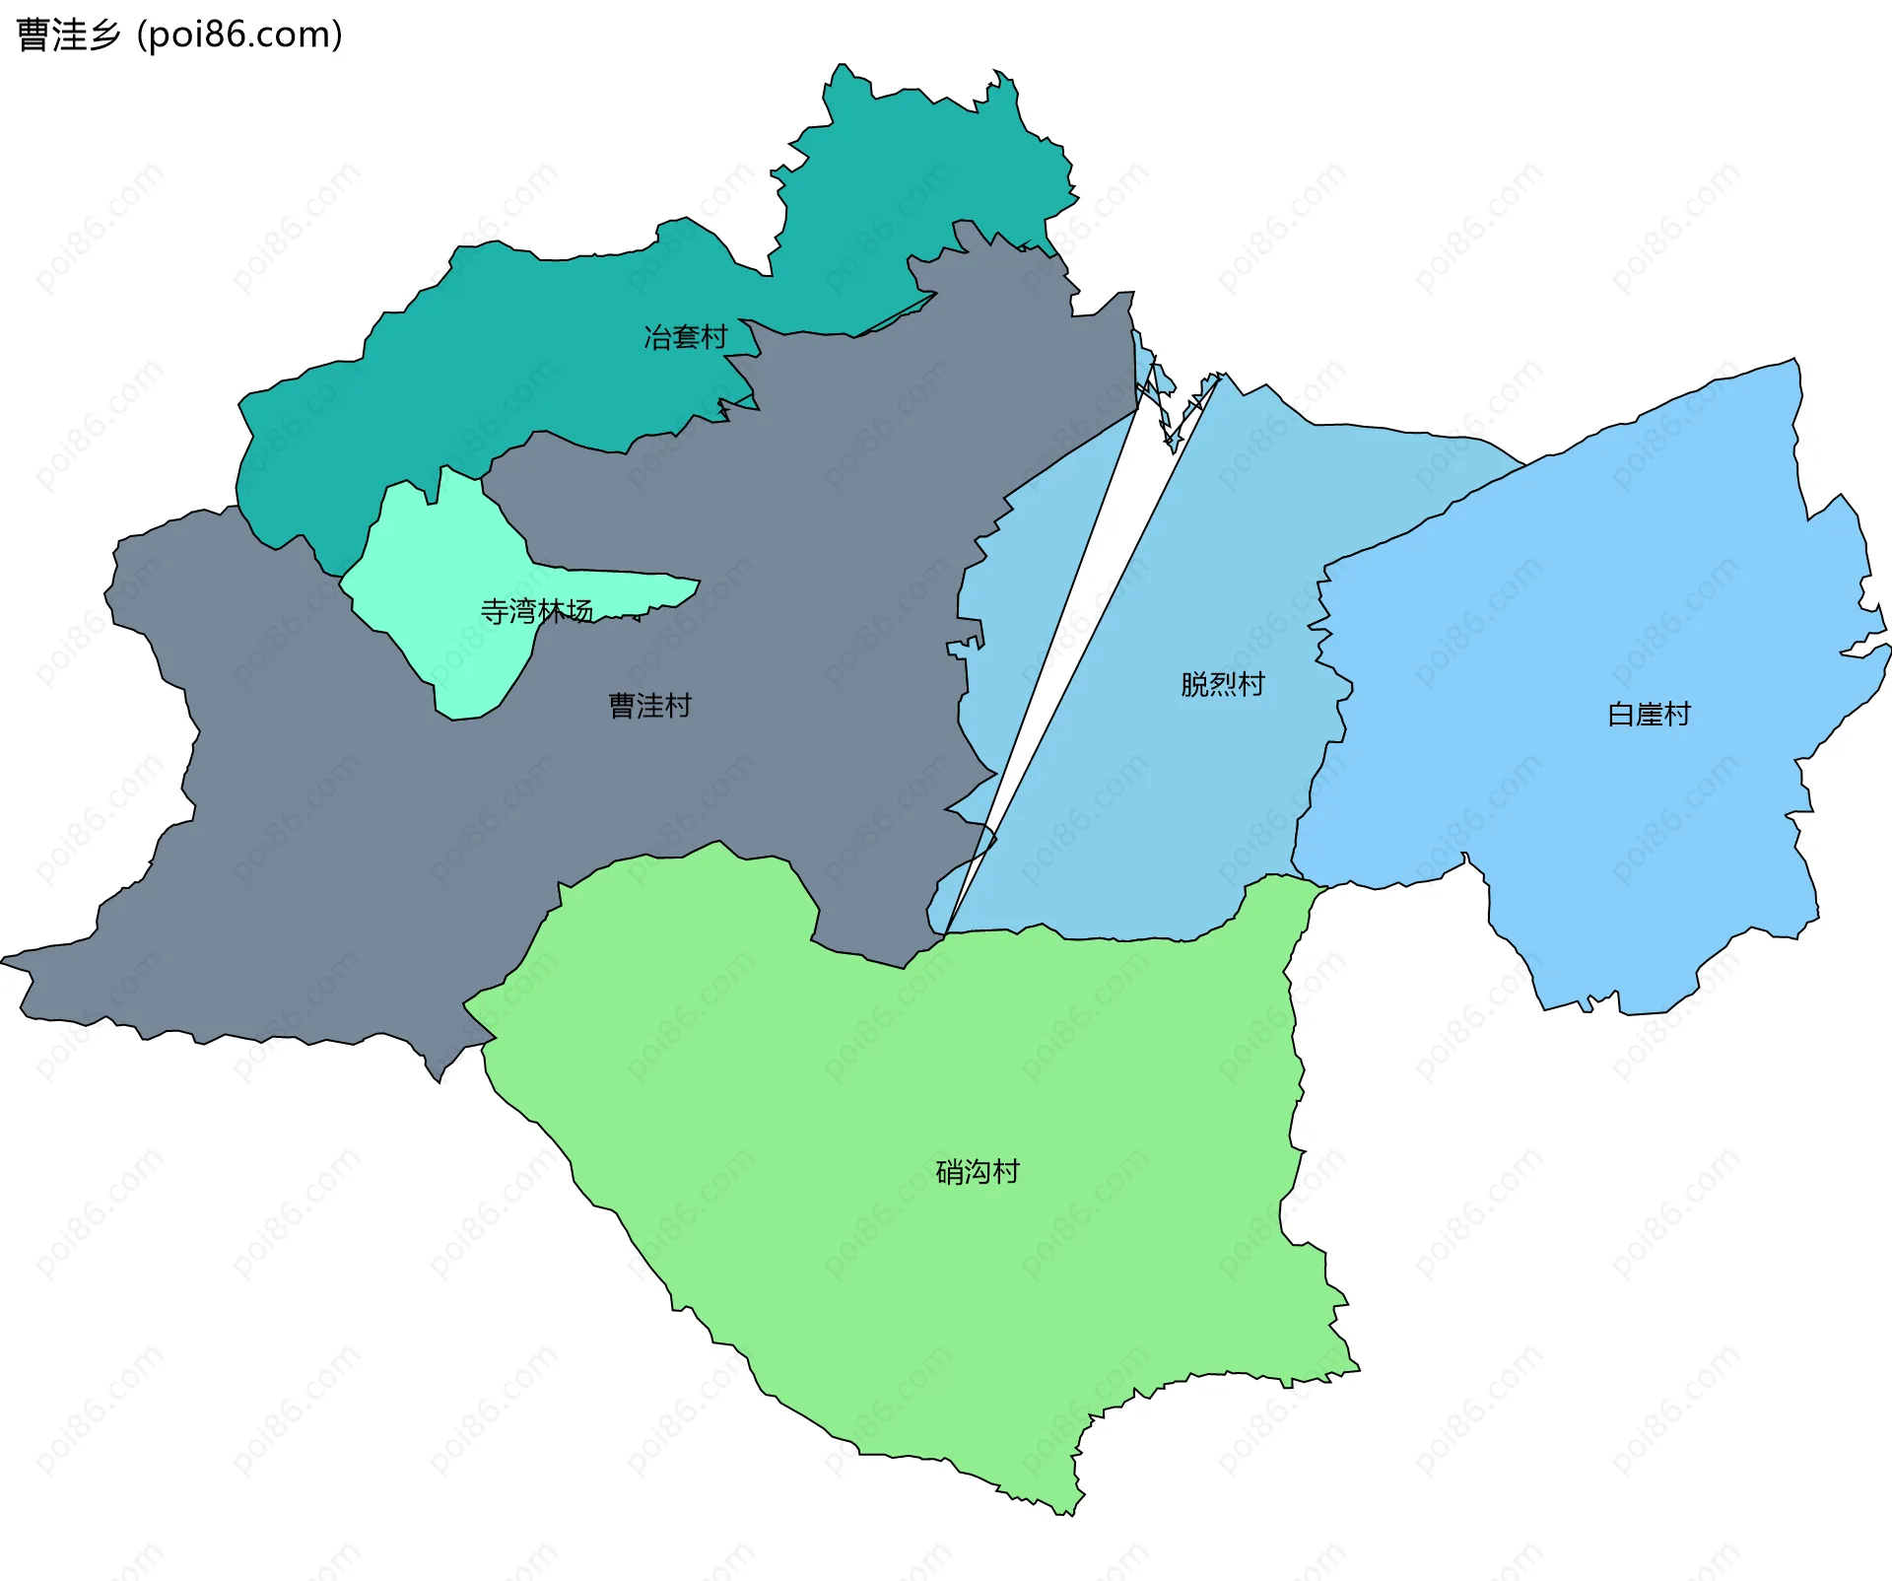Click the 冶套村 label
point(685,337)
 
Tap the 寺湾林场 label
point(536,611)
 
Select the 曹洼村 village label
point(650,706)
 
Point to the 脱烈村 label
point(1222,684)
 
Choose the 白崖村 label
point(1649,714)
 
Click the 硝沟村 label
point(977,1172)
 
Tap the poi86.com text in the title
point(240,35)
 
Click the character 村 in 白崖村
point(1677,714)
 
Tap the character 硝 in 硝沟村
point(949,1172)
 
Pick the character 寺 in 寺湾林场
point(494,611)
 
